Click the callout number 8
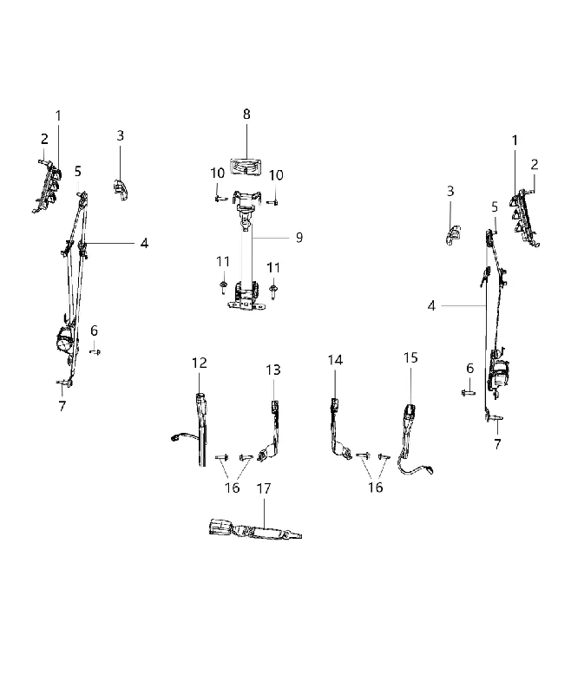246,115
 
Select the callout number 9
299,238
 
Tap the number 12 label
200,363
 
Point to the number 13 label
273,370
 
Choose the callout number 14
335,360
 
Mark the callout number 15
410,357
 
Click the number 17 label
263,488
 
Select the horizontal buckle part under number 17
255,530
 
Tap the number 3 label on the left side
121,135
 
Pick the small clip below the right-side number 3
452,234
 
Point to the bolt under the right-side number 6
468,392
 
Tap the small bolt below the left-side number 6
95,352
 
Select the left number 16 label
232,488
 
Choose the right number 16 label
376,488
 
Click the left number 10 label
217,173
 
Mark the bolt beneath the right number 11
273,290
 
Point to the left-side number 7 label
62,406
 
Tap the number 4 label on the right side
431,306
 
